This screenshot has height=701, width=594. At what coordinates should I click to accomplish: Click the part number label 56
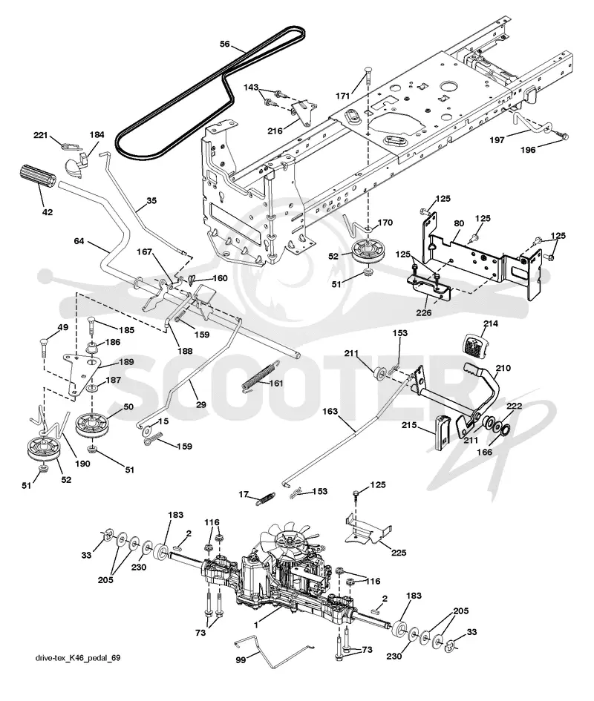(x=225, y=44)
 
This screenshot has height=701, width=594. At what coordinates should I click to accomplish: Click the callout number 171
(x=342, y=96)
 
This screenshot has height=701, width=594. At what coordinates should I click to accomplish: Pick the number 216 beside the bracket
(x=275, y=131)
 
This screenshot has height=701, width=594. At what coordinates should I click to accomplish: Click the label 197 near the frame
(x=497, y=140)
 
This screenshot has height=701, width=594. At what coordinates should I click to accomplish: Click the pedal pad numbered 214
(x=473, y=343)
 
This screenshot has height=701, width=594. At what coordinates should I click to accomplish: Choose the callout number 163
(x=330, y=411)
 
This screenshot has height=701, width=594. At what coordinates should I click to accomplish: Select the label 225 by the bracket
(x=399, y=553)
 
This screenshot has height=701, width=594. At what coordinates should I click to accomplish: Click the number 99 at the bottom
(x=241, y=660)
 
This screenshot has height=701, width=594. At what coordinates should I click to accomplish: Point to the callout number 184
(x=97, y=134)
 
